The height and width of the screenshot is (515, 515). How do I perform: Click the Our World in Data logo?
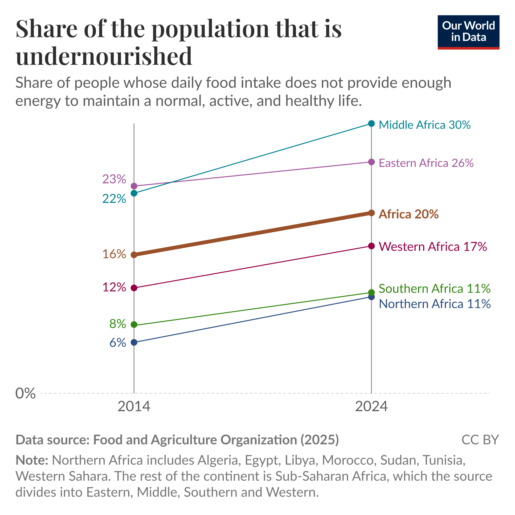pos(468,32)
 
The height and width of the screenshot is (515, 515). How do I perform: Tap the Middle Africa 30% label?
pos(424,125)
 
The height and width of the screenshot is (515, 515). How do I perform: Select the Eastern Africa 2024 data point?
pos(371,162)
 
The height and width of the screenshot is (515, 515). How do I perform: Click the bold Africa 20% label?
pos(409,214)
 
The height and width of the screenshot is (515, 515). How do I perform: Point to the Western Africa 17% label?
pos(433,246)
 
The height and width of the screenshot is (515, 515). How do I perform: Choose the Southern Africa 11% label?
pos(434,289)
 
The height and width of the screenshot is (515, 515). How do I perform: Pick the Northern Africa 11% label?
pos(435,304)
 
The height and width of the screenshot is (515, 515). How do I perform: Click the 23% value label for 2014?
pos(114,179)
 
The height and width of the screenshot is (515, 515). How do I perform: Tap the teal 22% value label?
pos(114,199)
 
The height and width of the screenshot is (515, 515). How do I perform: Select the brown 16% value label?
pos(114,254)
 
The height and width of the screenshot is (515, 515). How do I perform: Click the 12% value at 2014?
pos(114,287)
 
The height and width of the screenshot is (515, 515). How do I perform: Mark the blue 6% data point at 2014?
pos(134,342)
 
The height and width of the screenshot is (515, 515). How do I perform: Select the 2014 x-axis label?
pos(134,407)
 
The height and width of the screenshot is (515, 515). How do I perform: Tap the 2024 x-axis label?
pos(371,407)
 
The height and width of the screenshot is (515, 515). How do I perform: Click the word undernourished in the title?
pos(104,56)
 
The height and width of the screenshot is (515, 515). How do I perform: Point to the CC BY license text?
pos(480,440)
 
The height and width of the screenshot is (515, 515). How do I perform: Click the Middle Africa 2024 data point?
pos(371,123)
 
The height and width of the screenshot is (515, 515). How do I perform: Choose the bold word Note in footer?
pos(31,460)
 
